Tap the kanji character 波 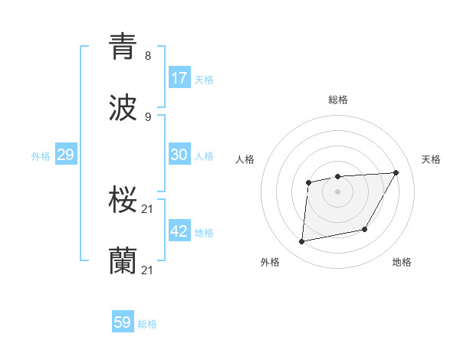(123, 108)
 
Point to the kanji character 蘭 (123, 261)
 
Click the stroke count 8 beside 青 (147, 56)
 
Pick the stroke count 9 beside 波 (147, 117)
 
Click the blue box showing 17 (179, 77)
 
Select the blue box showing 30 (179, 154)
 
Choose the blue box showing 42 (179, 231)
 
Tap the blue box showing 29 (65, 155)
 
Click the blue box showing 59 (123, 322)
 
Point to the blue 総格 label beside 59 (147, 324)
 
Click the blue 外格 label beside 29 (41, 156)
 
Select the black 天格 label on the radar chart (431, 159)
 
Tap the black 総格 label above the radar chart (337, 100)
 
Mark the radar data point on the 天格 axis (396, 172)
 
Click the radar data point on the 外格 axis (302, 242)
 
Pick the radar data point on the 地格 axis (365, 229)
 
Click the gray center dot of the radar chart (337, 191)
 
